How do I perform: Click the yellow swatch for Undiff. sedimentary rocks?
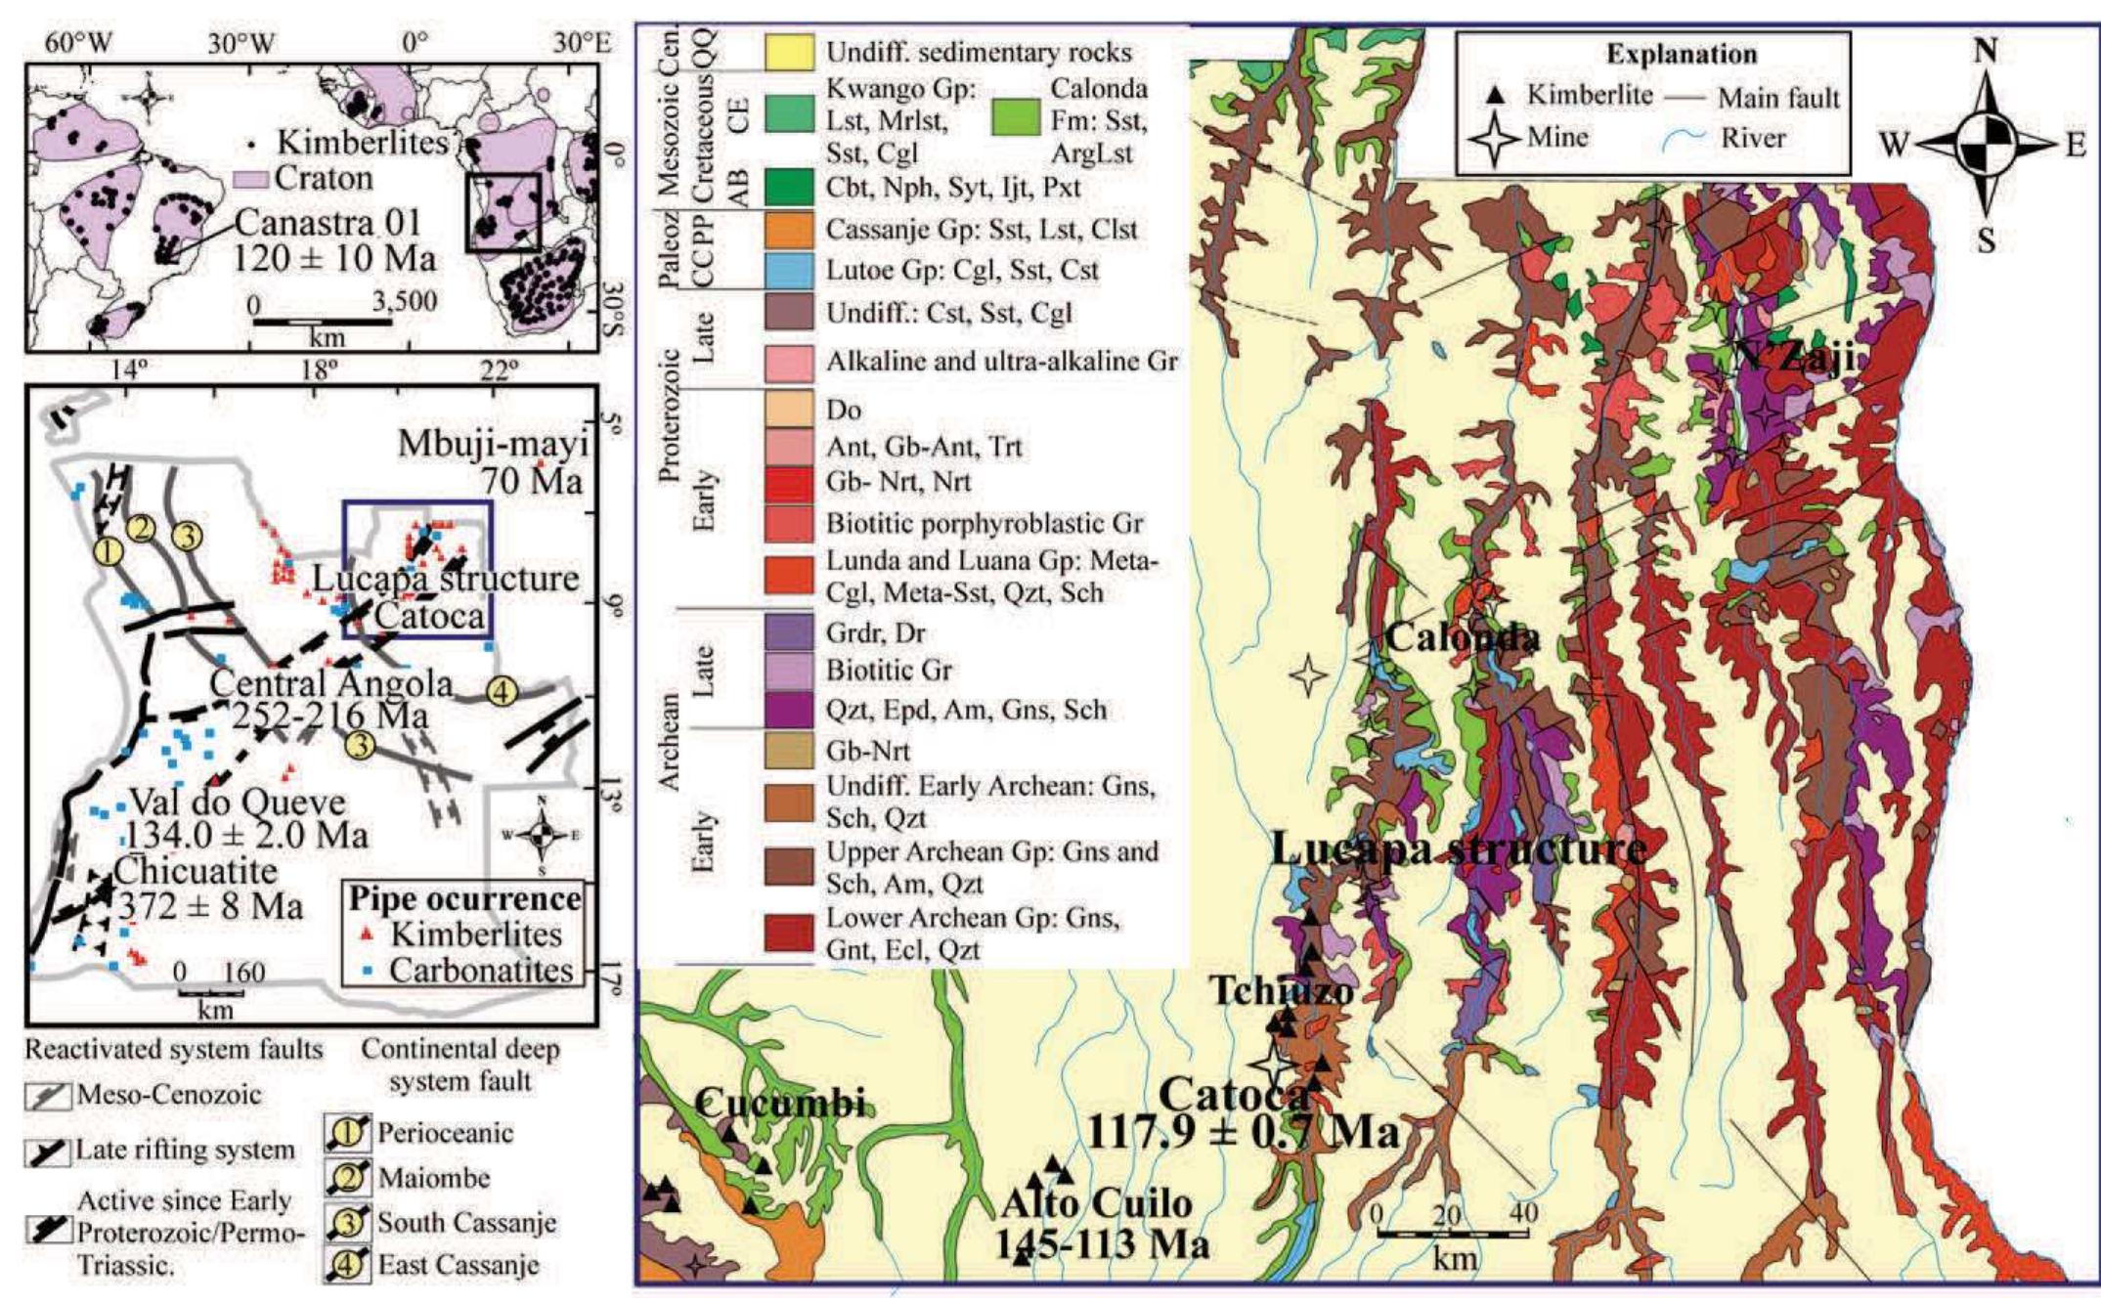coord(789,52)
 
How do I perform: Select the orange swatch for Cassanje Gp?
coord(789,229)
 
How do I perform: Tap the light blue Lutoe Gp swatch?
coord(789,270)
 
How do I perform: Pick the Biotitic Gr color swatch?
coord(789,671)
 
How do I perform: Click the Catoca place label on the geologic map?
coord(1234,1097)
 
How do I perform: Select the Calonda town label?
coord(1463,638)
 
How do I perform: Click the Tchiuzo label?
coord(1283,991)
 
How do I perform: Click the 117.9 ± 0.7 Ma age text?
coord(1243,1133)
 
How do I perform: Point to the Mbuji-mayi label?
coord(494,445)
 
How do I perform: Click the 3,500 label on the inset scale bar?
coord(404,302)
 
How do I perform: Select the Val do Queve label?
coord(238,803)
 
